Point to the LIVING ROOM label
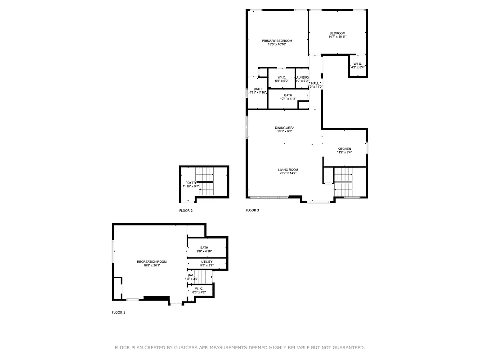tap(288, 170)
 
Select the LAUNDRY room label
tap(302, 77)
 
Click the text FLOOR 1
tap(118, 312)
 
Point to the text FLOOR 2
tap(186, 210)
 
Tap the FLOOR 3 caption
tap(252, 210)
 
